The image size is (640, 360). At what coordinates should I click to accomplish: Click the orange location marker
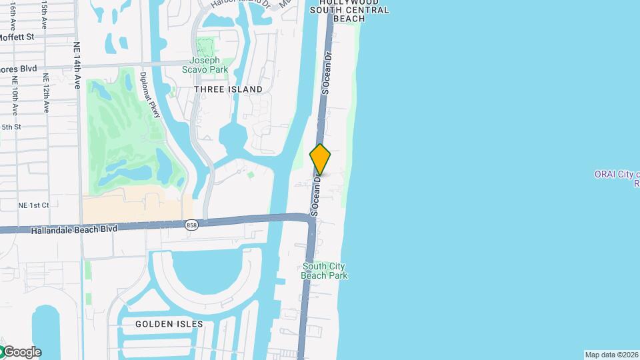coord(320,159)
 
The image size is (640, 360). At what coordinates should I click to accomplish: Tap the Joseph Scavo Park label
coord(204,65)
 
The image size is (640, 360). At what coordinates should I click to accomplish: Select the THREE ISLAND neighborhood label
coord(228,89)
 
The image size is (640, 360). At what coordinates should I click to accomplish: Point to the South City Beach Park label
coord(324,271)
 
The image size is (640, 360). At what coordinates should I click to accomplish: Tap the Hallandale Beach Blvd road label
coord(74,229)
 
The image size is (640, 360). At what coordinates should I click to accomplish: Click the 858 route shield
coord(192,225)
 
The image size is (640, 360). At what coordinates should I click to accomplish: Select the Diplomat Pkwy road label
coord(151,95)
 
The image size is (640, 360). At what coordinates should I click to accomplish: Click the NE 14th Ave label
coord(77,66)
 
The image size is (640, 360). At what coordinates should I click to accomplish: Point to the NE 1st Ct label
coord(33,205)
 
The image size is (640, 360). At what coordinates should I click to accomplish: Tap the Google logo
coord(21,352)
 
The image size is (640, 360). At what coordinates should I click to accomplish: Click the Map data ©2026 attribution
coord(611,355)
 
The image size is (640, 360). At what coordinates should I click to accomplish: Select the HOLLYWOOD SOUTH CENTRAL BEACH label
coord(349,10)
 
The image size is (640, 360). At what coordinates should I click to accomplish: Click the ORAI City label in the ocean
coord(617,175)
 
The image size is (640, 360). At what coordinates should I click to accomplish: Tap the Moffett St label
coord(17,37)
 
